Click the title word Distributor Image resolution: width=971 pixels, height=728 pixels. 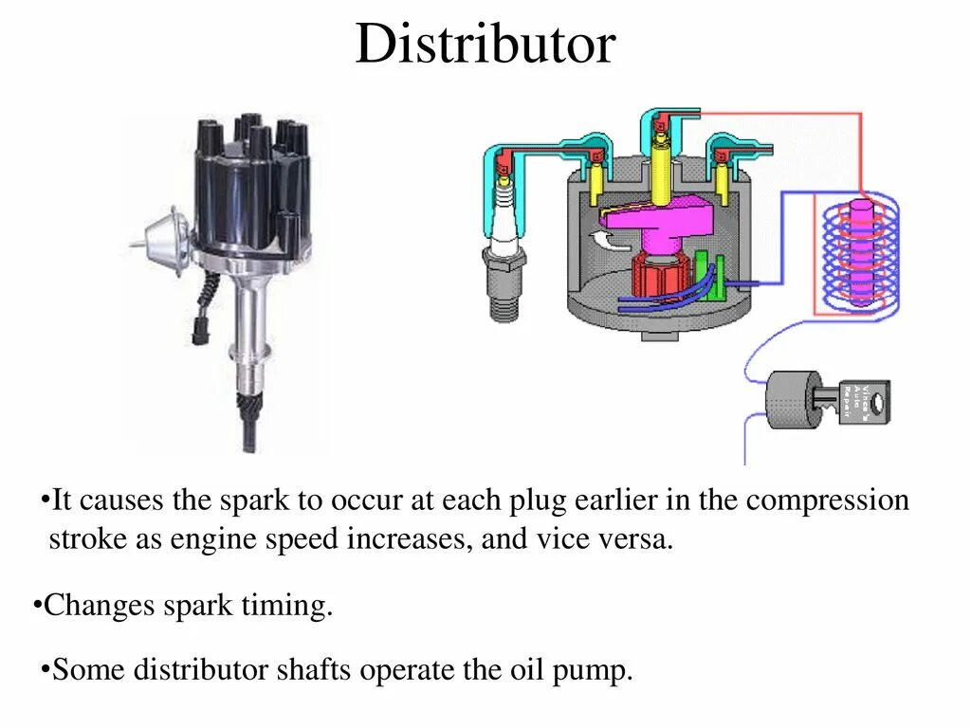(x=485, y=45)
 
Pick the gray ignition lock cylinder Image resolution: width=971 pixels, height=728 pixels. (x=793, y=398)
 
